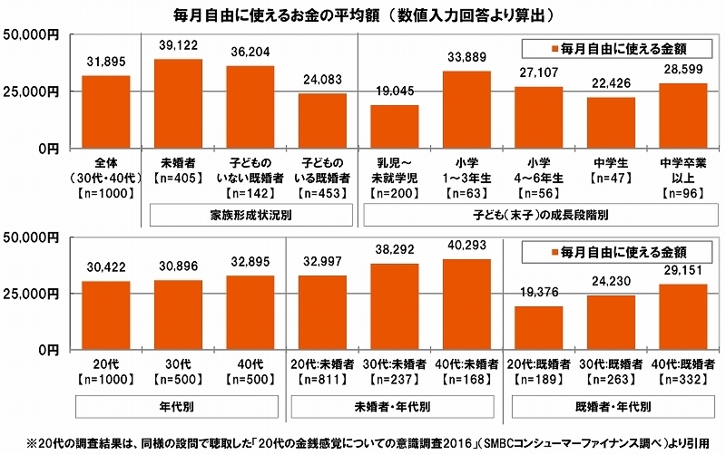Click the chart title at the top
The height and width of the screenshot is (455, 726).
click(363, 14)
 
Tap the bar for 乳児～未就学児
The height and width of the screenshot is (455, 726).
click(395, 126)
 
